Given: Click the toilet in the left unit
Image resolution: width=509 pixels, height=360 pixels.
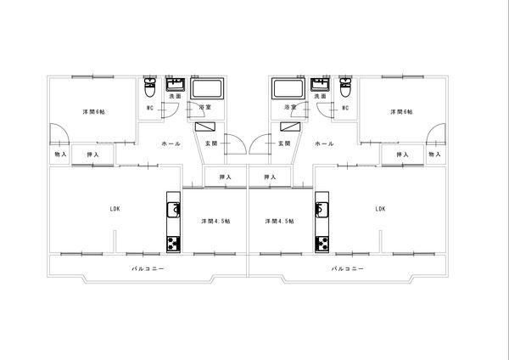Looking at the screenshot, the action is click(149, 87).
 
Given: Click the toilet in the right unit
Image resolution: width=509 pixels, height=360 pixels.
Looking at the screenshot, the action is click(345, 87).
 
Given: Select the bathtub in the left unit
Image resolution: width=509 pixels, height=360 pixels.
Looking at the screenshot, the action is click(207, 88).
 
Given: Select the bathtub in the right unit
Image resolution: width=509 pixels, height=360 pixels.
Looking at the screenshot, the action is click(288, 88).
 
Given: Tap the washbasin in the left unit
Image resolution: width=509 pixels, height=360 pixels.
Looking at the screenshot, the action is click(176, 84).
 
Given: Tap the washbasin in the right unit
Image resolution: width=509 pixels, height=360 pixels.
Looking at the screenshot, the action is click(320, 84).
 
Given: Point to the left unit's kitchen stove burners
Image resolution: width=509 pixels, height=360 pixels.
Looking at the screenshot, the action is click(173, 245).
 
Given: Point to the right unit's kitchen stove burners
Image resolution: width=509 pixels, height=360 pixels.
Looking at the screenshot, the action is click(322, 245).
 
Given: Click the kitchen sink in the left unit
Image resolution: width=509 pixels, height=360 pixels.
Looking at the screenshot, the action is click(173, 210).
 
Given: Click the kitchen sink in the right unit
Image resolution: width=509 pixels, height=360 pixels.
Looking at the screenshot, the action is click(322, 210).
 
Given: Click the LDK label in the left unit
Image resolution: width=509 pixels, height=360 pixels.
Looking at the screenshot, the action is click(115, 209).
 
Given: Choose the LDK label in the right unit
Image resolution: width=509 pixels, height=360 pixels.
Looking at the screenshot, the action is click(380, 209).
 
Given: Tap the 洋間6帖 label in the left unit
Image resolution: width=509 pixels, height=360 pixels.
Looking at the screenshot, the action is click(93, 112).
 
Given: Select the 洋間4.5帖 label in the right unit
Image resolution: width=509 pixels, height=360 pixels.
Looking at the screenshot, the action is click(279, 222).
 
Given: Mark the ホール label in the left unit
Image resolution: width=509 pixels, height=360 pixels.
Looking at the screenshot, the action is click(171, 143).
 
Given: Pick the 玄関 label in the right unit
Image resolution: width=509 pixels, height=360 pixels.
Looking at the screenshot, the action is click(284, 143).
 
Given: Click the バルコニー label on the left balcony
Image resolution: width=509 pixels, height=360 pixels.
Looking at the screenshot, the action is click(148, 268).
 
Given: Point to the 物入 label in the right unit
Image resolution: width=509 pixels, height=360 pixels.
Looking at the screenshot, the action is click(434, 155).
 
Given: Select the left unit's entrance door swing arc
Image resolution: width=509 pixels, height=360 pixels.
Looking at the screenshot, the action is click(241, 139).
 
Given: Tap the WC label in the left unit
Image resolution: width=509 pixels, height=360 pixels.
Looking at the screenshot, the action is click(150, 108).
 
